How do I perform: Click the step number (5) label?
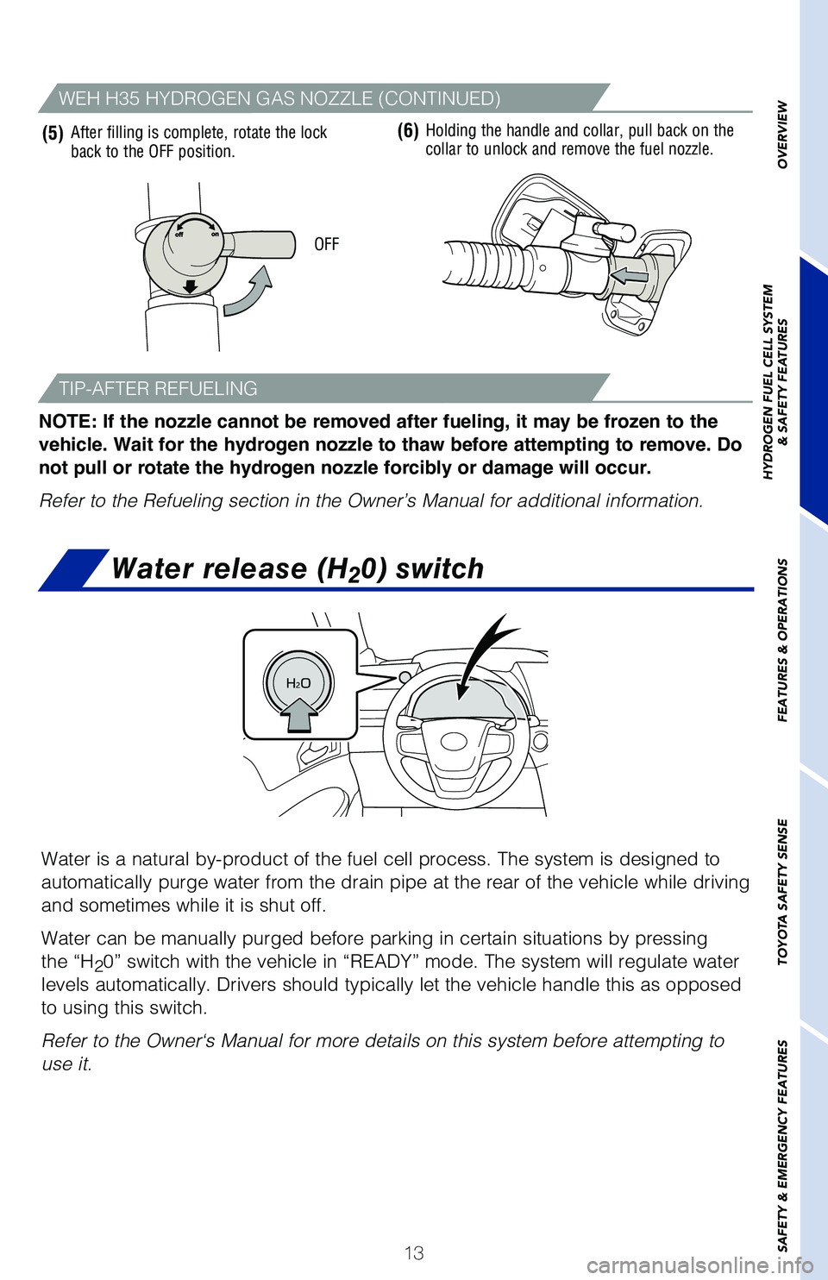pos(53,134)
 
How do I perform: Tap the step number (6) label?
pos(408,132)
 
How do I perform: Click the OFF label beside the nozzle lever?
pos(327,245)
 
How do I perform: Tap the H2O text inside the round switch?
pos(298,683)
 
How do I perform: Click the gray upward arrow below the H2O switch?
pos(299,716)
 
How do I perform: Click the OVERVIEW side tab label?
pos(782,135)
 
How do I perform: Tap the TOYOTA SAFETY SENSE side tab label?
pos(782,892)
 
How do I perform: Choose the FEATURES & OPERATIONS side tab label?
pos(782,640)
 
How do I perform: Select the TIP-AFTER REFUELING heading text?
pos(158,388)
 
